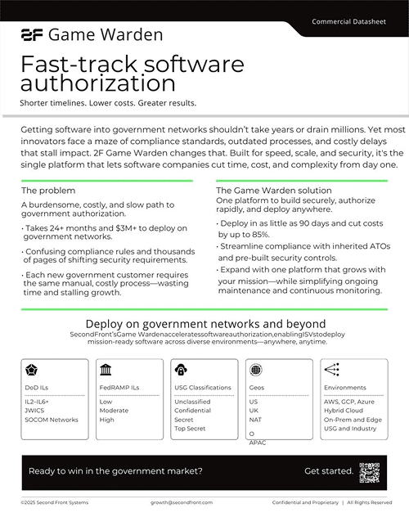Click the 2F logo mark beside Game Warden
click(x=32, y=35)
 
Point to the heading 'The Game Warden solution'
click(x=263, y=190)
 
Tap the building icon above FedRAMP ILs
click(x=106, y=369)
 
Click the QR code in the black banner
click(x=370, y=471)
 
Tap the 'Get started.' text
click(x=329, y=471)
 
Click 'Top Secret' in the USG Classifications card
click(x=191, y=428)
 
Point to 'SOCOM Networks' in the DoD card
click(x=52, y=420)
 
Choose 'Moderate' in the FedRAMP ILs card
click(x=115, y=411)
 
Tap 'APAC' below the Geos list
click(x=258, y=442)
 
